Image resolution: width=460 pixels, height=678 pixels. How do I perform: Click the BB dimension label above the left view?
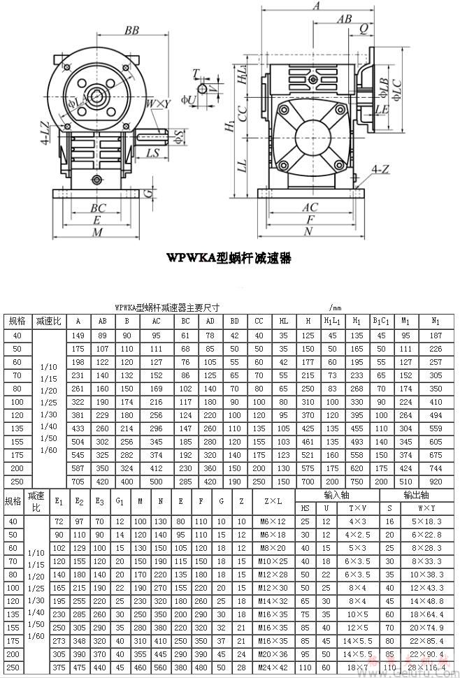tap(131, 30)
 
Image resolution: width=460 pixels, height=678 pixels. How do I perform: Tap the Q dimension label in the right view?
tap(364, 29)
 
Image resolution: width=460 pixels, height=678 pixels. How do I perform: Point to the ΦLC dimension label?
tap(397, 90)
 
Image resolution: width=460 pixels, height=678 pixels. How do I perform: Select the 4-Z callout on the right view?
tap(381, 170)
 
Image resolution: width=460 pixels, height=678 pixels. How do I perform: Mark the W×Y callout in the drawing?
tap(159, 104)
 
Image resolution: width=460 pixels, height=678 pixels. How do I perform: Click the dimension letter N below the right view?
tap(308, 231)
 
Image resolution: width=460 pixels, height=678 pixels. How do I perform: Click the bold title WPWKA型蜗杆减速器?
tap(229, 258)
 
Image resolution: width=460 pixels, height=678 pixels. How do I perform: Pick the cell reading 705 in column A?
tap(78, 482)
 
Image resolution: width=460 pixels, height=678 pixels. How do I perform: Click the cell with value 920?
tap(436, 482)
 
